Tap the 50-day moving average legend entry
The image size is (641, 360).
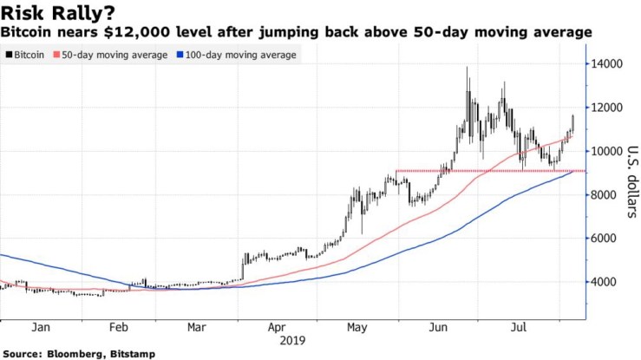112,55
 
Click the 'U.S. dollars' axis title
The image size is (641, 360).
631,180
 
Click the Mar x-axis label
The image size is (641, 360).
196,328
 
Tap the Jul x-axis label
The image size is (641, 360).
519,328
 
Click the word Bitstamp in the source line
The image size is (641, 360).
139,353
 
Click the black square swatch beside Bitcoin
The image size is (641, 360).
8,55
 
